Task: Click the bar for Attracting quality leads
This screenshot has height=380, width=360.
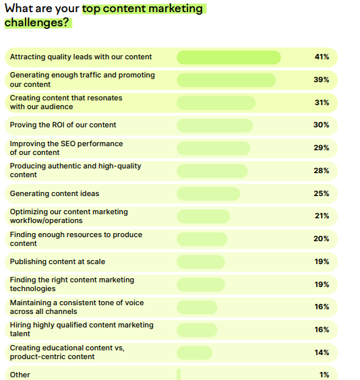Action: (229, 57)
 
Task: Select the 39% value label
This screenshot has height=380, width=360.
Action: (321, 80)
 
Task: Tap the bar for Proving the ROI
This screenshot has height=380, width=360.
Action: (215, 125)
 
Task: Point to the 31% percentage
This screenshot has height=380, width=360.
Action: (322, 102)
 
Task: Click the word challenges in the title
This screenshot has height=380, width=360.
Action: (36, 22)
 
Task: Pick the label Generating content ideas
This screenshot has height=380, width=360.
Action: (55, 193)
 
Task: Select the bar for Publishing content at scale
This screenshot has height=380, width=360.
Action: (201, 261)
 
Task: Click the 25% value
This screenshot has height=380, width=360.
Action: (321, 193)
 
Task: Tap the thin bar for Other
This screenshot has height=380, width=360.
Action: (179, 375)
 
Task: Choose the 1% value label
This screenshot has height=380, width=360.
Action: (324, 375)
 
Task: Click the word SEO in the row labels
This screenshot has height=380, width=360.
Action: (68, 144)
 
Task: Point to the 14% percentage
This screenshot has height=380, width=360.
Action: (322, 352)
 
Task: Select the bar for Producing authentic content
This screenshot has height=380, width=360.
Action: (212, 171)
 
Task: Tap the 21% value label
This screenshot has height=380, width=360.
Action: (322, 216)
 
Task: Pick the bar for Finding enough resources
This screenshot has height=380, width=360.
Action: (202, 239)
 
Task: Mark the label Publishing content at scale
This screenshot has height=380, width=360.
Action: (57, 261)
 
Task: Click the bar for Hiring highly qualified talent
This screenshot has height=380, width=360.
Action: (197, 330)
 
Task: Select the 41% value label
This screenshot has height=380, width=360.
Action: (322, 57)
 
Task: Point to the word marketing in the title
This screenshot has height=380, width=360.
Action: (175, 9)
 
